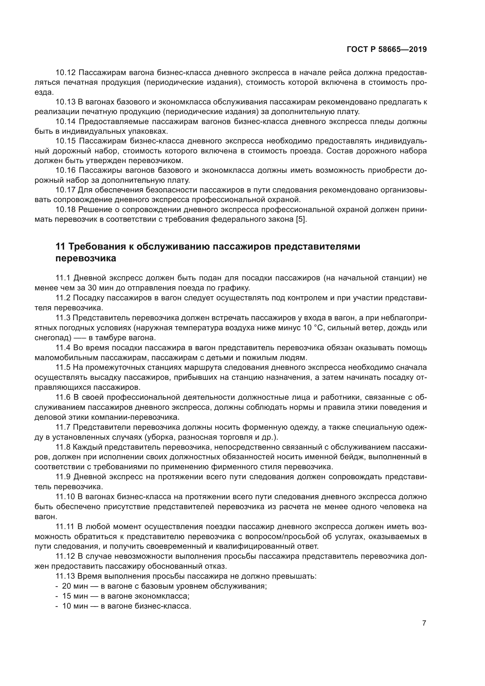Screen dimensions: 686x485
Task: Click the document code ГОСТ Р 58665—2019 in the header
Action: [x=387, y=50]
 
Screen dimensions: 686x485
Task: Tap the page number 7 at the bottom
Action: [x=424, y=623]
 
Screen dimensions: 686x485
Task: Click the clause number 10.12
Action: [x=66, y=73]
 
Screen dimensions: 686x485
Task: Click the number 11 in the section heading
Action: [x=60, y=247]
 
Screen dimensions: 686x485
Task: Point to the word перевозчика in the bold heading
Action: [x=86, y=258]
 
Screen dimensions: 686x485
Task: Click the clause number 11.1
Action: [x=63, y=278]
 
